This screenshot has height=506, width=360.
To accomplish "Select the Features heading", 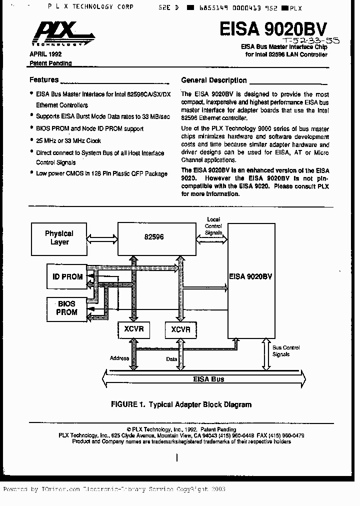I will point(44,79).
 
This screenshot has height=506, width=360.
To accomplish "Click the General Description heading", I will point(213,80).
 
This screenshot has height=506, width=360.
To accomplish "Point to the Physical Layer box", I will point(59,237).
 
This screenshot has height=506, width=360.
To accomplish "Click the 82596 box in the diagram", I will point(156,238).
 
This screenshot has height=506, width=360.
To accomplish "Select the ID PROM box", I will point(67,276).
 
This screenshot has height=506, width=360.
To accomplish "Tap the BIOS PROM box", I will point(66,308).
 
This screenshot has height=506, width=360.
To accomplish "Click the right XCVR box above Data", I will point(180,329).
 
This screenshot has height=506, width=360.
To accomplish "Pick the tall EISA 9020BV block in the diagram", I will point(251,280).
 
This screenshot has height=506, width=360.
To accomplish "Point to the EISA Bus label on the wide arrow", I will point(208,379).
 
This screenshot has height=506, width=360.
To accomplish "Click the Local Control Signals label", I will point(213,226).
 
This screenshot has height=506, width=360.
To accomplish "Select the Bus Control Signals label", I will point(286,350).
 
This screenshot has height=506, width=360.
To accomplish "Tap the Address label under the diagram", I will point(119,358).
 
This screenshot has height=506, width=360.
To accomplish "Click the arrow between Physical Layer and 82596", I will point(102,238).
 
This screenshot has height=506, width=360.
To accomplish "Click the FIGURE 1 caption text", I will point(181,404).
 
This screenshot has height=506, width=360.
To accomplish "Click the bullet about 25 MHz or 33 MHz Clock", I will point(68,140).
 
